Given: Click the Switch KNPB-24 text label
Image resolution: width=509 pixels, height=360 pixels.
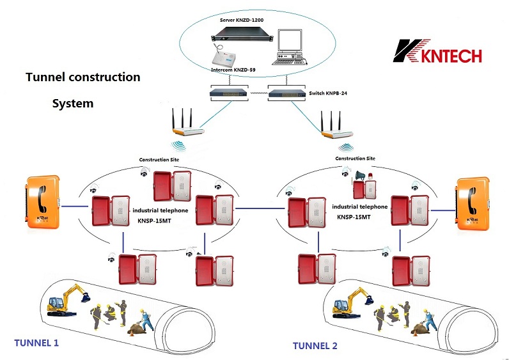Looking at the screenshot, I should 327,93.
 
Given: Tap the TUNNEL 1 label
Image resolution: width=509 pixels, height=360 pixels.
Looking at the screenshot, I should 36,343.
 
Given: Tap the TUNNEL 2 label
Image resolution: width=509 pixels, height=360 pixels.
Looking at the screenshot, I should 315,346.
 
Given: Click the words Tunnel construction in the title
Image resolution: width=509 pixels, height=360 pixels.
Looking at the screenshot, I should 82,77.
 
